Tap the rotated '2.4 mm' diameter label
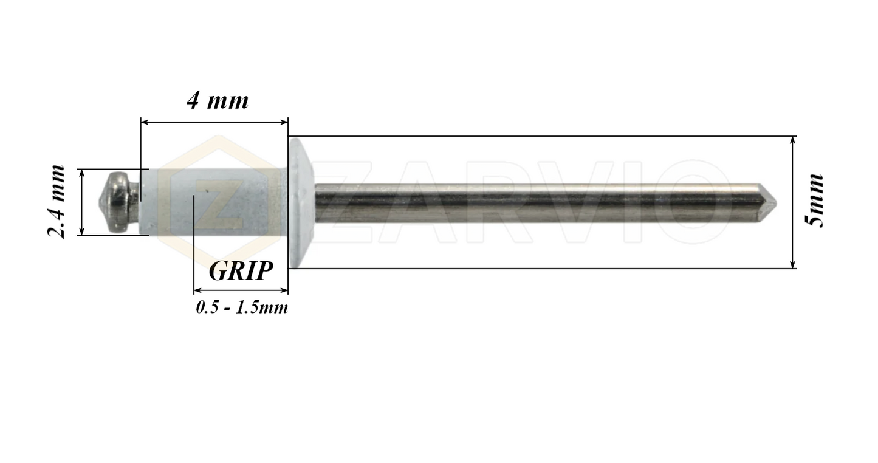click(57, 202)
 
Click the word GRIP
click(240, 271)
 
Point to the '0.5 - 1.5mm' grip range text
click(241, 307)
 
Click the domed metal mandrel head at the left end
click(119, 202)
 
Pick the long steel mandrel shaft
click(535, 201)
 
